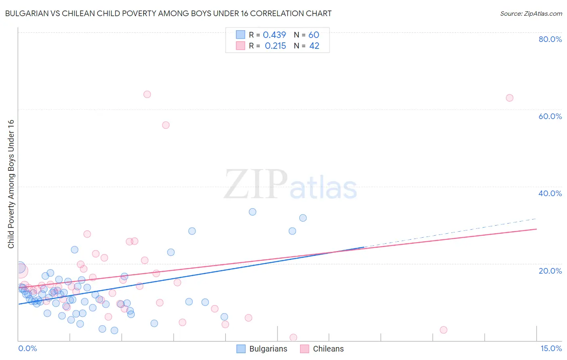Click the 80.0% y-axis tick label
click(550, 39)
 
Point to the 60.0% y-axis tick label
click(550, 116)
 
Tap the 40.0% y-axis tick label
click(550, 193)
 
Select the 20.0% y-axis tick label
click(550, 271)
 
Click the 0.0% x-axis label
click(27, 349)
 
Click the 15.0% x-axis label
click(551, 349)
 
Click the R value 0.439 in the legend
click(274, 35)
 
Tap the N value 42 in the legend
click(314, 46)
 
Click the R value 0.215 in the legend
click(275, 46)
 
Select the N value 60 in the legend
click(314, 35)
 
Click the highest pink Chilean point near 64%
click(147, 94)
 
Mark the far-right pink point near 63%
click(509, 98)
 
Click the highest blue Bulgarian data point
click(252, 212)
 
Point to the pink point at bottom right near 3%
click(444, 330)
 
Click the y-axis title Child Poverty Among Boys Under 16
click(11, 184)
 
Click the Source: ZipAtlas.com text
click(531, 14)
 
